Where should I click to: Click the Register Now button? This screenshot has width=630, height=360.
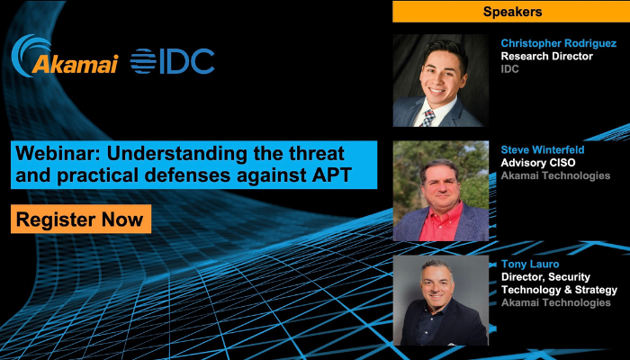(81, 219)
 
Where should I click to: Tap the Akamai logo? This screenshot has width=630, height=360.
(65, 56)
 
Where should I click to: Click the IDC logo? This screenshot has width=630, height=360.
(173, 61)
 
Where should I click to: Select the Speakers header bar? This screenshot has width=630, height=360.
(511, 12)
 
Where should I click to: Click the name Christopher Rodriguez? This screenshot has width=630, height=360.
(559, 43)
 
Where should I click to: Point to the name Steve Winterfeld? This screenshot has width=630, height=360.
(543, 150)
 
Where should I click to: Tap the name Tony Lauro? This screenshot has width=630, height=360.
(530, 264)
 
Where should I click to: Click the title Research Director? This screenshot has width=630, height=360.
(547, 56)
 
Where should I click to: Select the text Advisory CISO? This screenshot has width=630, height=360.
(538, 163)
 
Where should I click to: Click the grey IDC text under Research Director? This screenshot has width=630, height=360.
(510, 69)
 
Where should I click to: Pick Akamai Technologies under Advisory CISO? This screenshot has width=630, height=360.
(555, 175)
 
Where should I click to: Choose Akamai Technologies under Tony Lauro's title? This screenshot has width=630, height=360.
(555, 302)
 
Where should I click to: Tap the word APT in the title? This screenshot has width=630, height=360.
(334, 175)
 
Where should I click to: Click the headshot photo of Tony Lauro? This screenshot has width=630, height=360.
(441, 300)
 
